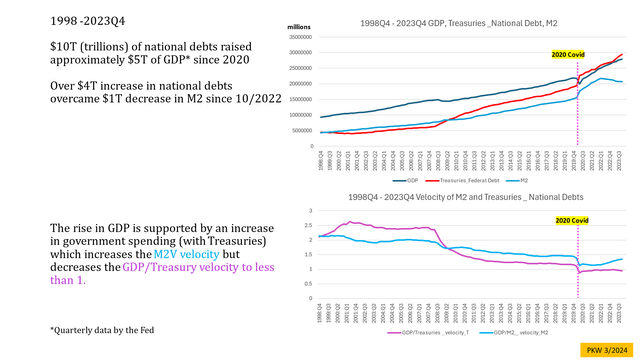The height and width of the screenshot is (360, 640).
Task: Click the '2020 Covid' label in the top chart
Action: [x=567, y=56]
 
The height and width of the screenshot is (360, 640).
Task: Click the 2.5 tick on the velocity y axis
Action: [x=312, y=227]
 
